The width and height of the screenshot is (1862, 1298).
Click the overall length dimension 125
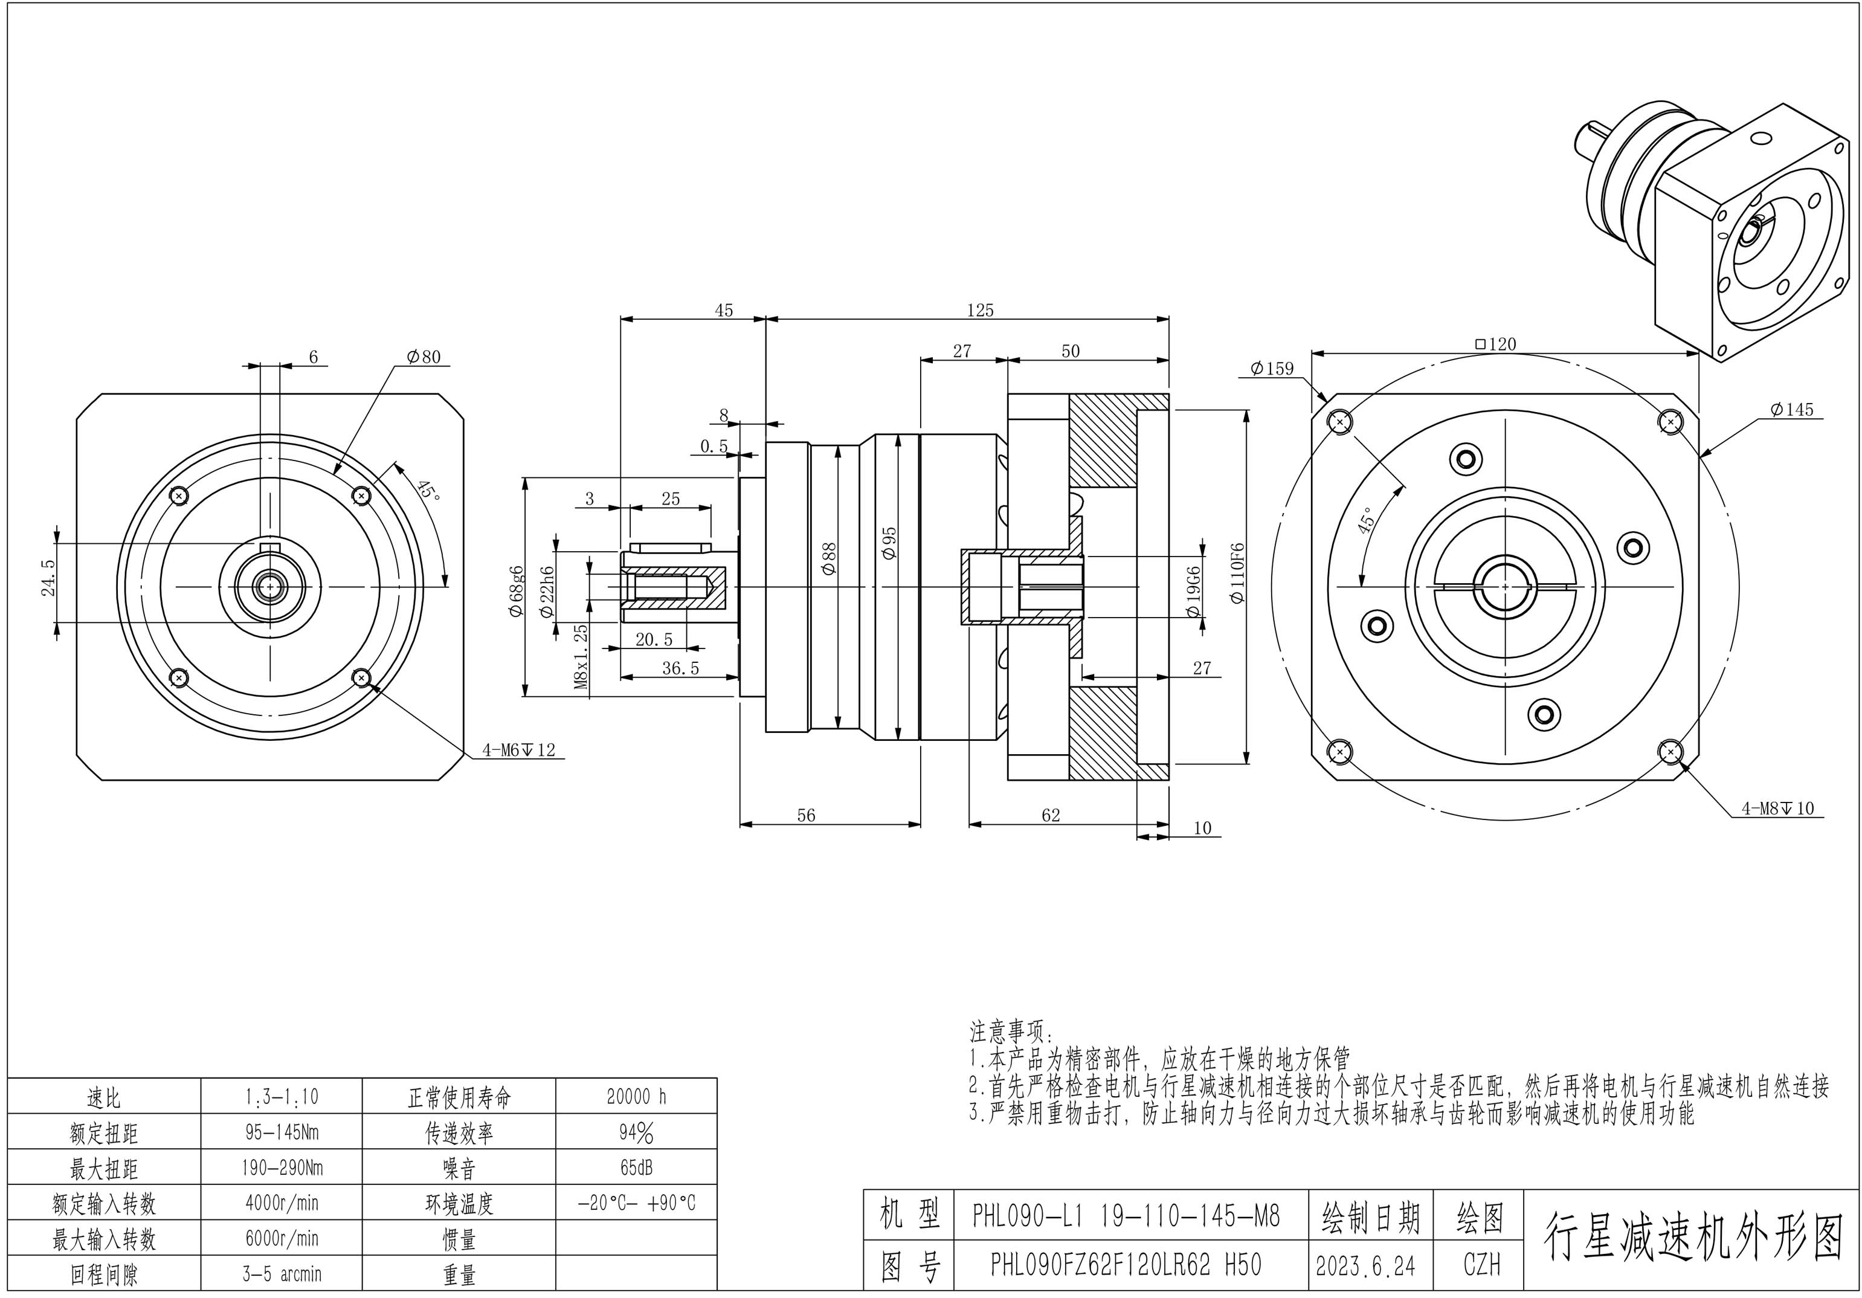[980, 310]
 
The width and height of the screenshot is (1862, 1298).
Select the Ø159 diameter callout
[1272, 369]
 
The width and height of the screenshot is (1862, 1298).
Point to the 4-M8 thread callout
[1777, 808]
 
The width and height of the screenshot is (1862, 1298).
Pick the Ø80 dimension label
[424, 357]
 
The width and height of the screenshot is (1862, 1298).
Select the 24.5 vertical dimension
[49, 578]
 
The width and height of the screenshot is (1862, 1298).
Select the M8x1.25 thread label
[581, 657]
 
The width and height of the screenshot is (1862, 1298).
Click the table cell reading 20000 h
[636, 1097]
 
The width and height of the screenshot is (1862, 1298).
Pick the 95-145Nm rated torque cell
[282, 1132]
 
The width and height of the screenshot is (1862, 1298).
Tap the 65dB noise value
[636, 1168]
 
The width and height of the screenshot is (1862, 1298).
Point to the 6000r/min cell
[282, 1239]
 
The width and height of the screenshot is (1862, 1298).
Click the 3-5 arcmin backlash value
[282, 1274]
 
